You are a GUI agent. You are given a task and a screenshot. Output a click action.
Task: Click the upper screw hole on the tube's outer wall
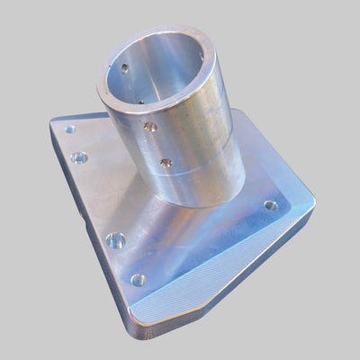pos(151,128)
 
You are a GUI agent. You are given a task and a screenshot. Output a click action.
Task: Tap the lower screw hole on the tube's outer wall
pos(166,162)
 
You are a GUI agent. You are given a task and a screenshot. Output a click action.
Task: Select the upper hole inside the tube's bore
pos(124,67)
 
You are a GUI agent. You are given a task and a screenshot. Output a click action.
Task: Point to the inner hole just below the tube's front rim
pos(142,102)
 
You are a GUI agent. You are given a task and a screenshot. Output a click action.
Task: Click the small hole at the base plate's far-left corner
pos(69,130)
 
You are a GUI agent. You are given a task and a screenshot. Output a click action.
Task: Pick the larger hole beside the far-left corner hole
pos(79,157)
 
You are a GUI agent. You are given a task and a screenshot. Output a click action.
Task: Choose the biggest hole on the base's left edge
pos(115,240)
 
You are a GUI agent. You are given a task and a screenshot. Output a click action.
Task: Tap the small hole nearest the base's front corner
pos(138,280)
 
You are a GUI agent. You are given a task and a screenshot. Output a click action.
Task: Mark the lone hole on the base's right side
pos(270,205)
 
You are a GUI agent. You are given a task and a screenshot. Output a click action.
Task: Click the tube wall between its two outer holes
pos(158,145)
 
